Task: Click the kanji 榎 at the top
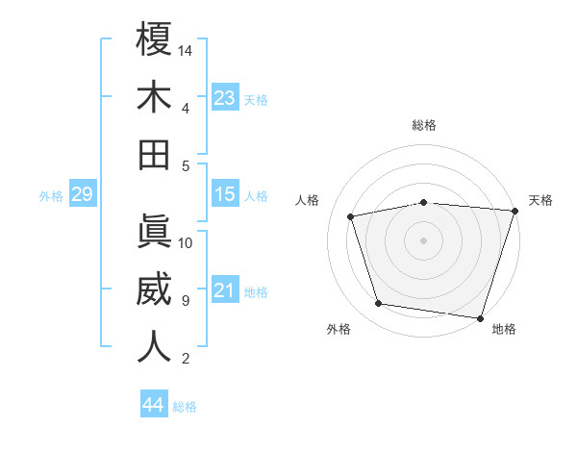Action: pyautogui.click(x=154, y=39)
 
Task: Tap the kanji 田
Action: pyautogui.click(x=154, y=153)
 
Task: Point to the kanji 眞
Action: pyautogui.click(x=154, y=232)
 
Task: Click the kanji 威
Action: pyautogui.click(x=154, y=289)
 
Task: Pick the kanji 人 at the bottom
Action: pyautogui.click(x=154, y=346)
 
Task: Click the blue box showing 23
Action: pyautogui.click(x=224, y=97)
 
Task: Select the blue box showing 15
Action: pyautogui.click(x=224, y=194)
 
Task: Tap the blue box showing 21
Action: pyautogui.click(x=224, y=290)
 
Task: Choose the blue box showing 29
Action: pyautogui.click(x=82, y=194)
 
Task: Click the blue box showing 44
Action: pyautogui.click(x=153, y=405)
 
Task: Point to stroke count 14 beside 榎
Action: pyautogui.click(x=187, y=49)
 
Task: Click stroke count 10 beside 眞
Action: pyautogui.click(x=187, y=242)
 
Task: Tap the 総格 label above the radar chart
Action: pyautogui.click(x=424, y=125)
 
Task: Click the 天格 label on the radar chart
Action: pyautogui.click(x=540, y=200)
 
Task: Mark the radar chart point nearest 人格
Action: pyautogui.click(x=351, y=216)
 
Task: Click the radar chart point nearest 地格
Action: pyautogui.click(x=479, y=317)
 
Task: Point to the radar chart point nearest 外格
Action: pyautogui.click(x=379, y=304)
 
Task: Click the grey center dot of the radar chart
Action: pyautogui.click(x=423, y=239)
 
